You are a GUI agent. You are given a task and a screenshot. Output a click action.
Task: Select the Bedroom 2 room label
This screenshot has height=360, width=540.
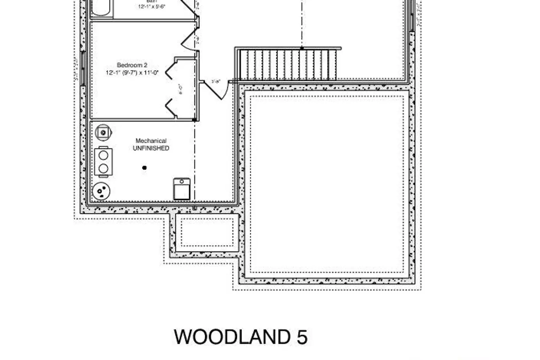(132, 65)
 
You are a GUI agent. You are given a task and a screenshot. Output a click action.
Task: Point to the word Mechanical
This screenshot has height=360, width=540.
(151, 141)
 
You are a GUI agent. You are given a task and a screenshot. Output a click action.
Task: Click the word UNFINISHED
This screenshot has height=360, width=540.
(151, 148)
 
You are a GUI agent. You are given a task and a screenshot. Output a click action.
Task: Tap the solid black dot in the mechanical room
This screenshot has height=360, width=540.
(144, 168)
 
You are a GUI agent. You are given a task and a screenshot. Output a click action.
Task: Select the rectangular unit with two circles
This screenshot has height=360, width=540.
(103, 162)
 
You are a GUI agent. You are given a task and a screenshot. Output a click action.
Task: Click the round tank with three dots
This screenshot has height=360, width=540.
(101, 191)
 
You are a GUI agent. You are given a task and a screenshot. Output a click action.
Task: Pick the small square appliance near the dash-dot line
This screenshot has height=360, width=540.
(182, 189)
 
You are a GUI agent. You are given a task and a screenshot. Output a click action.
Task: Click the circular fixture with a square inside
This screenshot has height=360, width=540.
(103, 132)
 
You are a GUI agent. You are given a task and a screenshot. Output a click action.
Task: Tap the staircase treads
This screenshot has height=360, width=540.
(288, 65)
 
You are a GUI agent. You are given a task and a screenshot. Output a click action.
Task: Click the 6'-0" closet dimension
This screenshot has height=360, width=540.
(181, 89)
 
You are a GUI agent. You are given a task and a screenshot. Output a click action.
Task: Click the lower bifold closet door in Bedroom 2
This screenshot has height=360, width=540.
(171, 108)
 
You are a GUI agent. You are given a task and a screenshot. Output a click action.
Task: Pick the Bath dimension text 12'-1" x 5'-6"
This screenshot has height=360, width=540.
(152, 6)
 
